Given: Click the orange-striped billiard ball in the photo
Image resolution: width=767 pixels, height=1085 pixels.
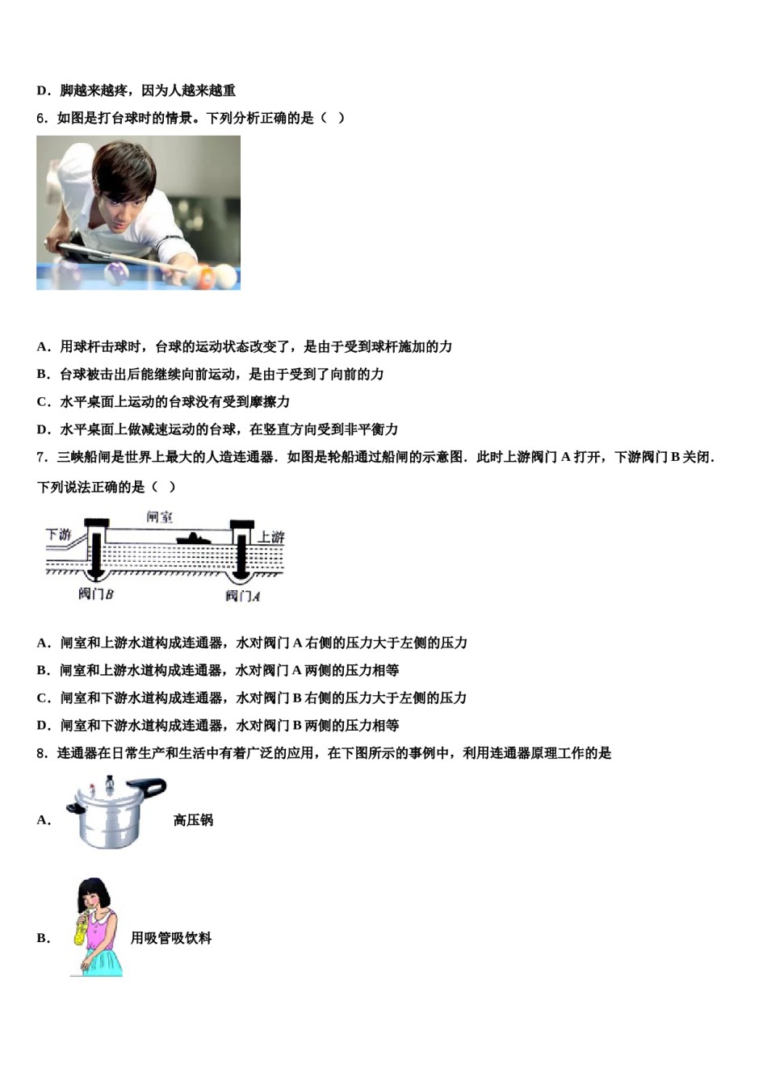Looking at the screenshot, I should tap(207, 278).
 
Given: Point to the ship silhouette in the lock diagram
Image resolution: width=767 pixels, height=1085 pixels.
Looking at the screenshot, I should tap(194, 538).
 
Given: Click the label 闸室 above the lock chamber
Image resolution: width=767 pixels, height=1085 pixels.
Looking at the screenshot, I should tap(159, 517).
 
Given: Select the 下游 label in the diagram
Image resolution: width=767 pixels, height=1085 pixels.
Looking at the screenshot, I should tap(58, 534).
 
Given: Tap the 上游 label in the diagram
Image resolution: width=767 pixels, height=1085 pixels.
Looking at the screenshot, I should tap(270, 537).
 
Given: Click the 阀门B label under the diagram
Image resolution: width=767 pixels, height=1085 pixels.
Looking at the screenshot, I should tap(95, 594).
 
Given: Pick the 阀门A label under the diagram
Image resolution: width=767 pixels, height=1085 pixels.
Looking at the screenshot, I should tap(242, 597).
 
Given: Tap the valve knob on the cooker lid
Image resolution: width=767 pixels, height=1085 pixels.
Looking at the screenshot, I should tap(110, 781).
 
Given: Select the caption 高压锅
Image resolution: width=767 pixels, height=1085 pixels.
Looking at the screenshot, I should tap(193, 820).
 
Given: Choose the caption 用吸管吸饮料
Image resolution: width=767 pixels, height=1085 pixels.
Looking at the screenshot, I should tap(171, 938).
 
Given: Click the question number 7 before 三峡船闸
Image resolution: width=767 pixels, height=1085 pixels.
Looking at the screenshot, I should tap(41, 458).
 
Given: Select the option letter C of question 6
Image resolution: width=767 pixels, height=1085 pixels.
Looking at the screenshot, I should tap(43, 402).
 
